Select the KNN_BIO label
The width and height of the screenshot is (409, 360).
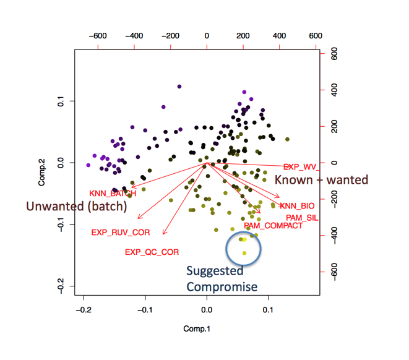(x=297, y=206)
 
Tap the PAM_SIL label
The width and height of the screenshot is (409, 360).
(x=302, y=217)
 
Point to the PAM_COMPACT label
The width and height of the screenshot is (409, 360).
(x=273, y=226)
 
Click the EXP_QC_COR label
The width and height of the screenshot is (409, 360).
(x=152, y=252)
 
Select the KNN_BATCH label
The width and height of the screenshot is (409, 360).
(x=112, y=194)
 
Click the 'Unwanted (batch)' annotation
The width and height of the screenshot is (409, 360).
(x=75, y=206)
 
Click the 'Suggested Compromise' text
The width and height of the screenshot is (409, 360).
(x=222, y=279)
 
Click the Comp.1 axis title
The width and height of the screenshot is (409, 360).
(x=198, y=330)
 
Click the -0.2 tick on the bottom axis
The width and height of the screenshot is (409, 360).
(x=83, y=309)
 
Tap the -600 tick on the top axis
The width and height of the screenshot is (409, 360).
(x=98, y=35)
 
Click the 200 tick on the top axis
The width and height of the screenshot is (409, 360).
(x=243, y=35)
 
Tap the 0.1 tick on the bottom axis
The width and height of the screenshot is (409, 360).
(x=269, y=309)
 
